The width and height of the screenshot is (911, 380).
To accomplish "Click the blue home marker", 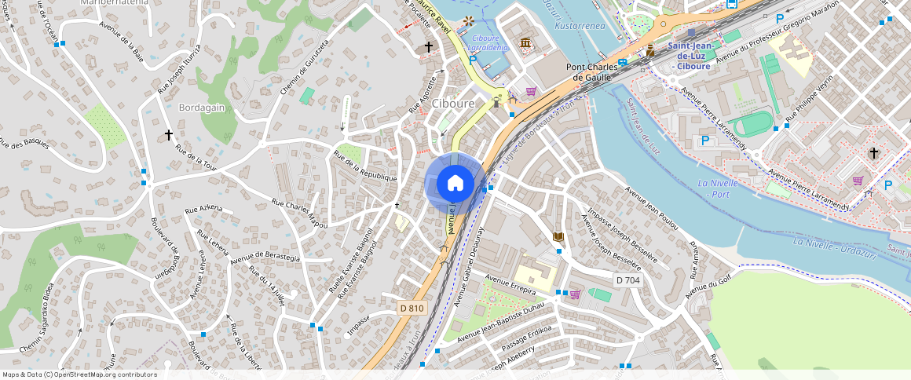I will pos(455,184).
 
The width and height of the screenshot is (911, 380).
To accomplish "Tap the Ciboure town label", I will pos(453,104).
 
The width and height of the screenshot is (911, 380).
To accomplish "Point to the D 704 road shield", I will pos(627,280).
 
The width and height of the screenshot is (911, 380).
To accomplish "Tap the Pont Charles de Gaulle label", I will pos(601,71).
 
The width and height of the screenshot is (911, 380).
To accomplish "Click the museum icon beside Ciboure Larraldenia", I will pos(524,42).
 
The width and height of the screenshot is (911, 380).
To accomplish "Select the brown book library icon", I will pos(558,236).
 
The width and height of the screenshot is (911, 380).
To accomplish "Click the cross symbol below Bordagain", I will pos(168,135).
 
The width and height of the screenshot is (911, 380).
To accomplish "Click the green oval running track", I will pos(755,123).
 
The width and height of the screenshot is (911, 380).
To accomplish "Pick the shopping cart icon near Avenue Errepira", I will pos(574,294).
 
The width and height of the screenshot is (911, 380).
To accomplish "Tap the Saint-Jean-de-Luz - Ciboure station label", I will pos(690,56).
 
